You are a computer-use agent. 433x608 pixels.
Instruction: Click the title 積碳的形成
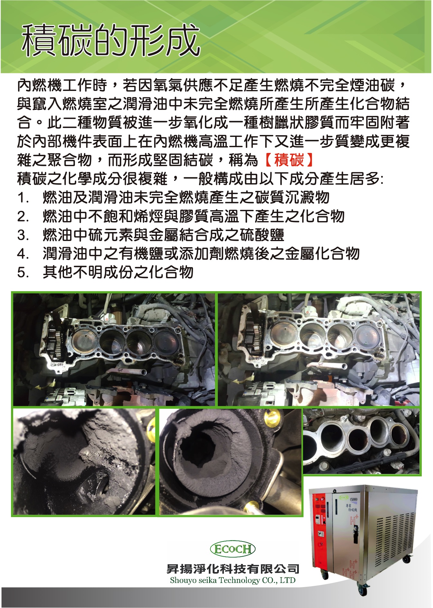coord(111,41)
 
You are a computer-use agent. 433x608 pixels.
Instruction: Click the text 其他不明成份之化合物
coord(118,272)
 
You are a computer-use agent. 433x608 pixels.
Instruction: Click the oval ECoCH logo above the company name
coord(232,549)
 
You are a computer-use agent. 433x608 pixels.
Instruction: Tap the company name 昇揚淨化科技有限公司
coord(233,568)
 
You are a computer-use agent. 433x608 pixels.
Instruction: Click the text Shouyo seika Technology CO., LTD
coord(233,580)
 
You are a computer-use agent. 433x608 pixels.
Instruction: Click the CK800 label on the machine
coord(353,498)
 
